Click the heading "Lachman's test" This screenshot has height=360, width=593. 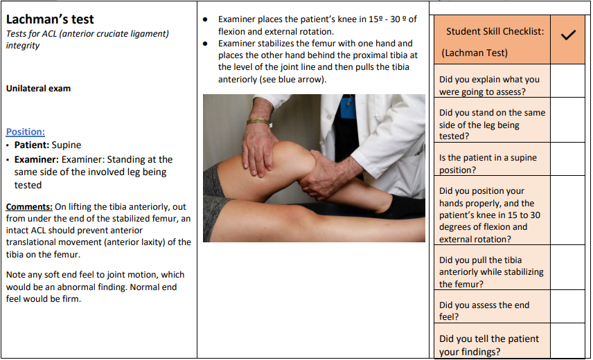pos(51,19)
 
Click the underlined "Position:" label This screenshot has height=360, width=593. pos(26,132)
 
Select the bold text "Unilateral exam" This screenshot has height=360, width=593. pos(38,89)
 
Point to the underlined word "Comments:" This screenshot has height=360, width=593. pos(29,206)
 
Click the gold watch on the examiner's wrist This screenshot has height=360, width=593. pos(258,122)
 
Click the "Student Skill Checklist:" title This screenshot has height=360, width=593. pos(495,31)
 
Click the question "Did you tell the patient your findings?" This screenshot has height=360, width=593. pos(489,345)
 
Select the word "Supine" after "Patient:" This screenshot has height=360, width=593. pos(67,145)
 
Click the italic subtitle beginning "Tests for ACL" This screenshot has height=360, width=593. pos(87,39)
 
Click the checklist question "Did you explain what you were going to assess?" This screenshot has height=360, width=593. pos(489,85)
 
